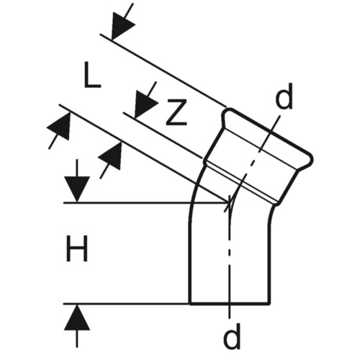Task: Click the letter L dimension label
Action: point(92,74)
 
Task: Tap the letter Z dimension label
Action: point(176,112)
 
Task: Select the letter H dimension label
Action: point(76,248)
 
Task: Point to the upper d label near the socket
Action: point(284,96)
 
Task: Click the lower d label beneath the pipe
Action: point(232,336)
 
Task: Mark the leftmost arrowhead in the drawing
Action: point(59,127)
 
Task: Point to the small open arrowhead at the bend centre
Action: point(229,203)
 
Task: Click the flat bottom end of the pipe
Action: point(230,304)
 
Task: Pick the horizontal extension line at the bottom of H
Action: point(127,304)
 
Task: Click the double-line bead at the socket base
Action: point(240,181)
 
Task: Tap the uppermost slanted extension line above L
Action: point(163,70)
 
